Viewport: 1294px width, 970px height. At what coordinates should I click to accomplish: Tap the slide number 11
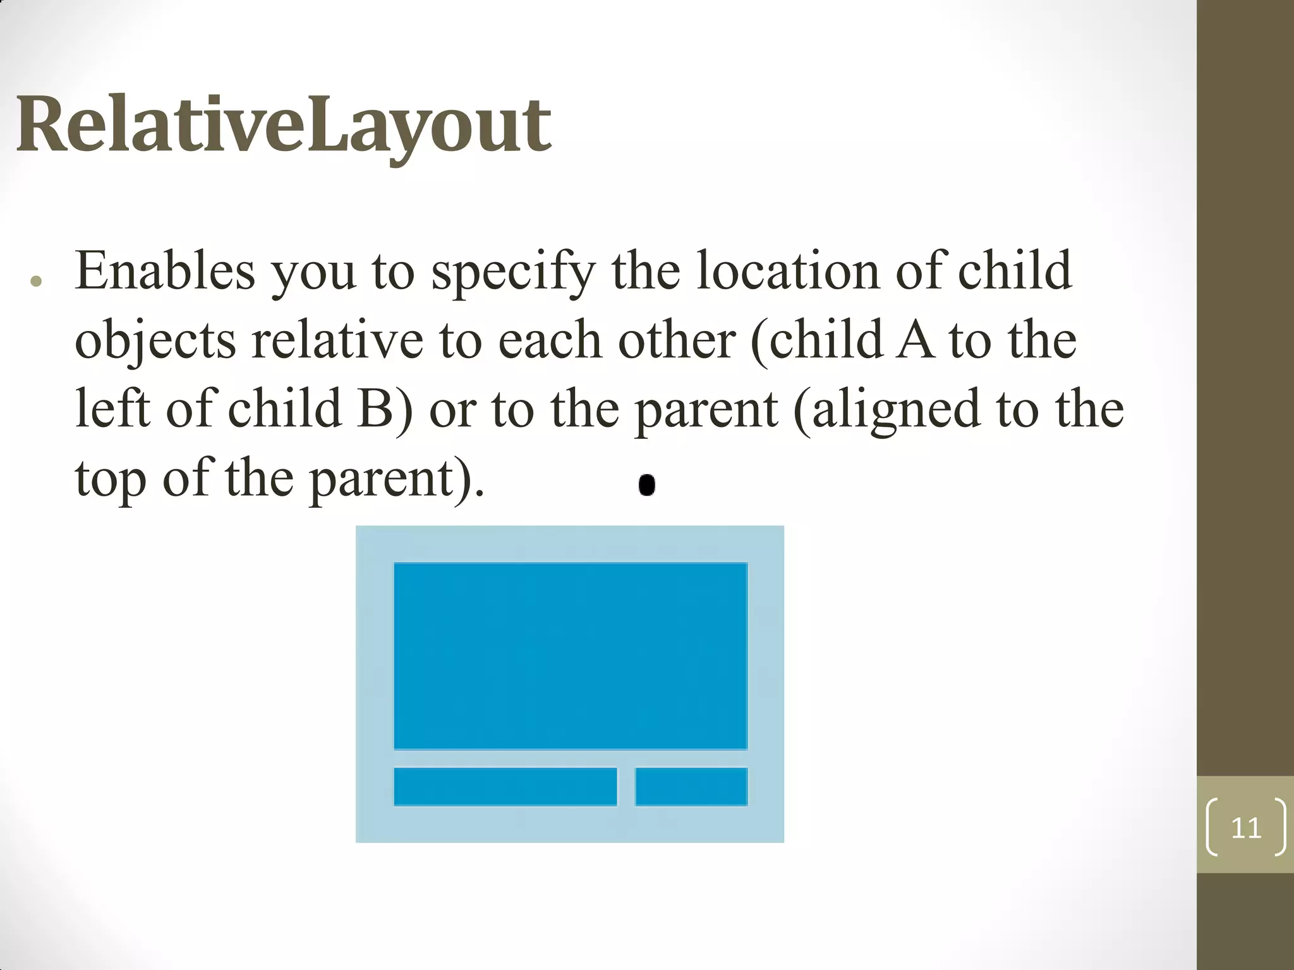point(1245,828)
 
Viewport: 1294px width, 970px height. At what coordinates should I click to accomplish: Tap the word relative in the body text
point(337,340)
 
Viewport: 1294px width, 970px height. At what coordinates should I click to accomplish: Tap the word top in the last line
point(111,479)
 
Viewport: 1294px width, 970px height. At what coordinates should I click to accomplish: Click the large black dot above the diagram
point(646,485)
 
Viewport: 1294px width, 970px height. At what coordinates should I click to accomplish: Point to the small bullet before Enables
point(36,282)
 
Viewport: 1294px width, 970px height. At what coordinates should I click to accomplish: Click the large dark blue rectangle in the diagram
point(571,656)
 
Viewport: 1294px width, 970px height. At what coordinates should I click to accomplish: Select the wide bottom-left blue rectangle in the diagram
point(505,787)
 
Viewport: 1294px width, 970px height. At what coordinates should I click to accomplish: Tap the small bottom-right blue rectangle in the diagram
point(691,787)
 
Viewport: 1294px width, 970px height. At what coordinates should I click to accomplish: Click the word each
point(550,340)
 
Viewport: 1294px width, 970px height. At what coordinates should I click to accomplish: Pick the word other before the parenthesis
point(677,340)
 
